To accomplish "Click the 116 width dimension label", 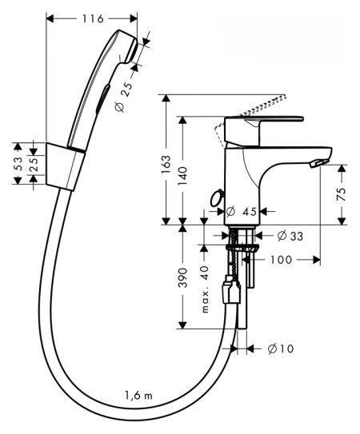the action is tap(93, 18).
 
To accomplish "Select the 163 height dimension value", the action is tap(166, 164).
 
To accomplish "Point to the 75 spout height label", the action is tap(342, 194).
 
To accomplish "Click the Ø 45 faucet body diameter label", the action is tap(242, 212).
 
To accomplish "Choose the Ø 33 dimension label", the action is tap(290, 236).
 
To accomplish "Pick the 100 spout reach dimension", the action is tap(281, 260).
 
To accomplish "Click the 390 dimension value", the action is tap(182, 277).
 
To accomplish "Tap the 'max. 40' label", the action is tap(205, 289).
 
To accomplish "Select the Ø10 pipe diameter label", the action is tap(281, 348).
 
